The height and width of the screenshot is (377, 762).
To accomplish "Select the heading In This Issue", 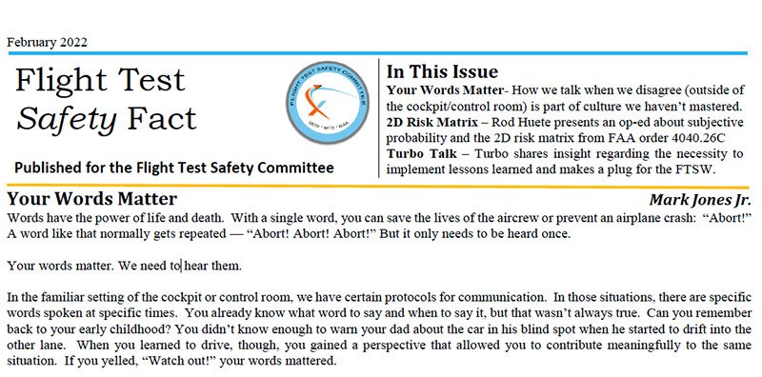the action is (442, 71).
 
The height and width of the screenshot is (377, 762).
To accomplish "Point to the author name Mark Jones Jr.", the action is (703, 199).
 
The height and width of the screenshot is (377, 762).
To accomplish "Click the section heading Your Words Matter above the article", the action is (91, 199).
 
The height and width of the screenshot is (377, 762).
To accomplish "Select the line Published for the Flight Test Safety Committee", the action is (173, 168).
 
